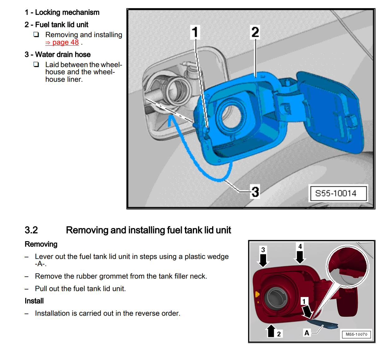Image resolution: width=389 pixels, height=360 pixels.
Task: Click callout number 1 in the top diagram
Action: click(195, 32)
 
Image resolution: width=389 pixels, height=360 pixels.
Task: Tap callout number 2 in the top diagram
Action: click(255, 32)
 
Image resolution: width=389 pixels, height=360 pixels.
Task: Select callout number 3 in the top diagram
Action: click(255, 192)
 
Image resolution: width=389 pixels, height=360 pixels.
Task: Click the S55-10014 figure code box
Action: click(336, 193)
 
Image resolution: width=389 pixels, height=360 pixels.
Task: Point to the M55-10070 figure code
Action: click(357, 334)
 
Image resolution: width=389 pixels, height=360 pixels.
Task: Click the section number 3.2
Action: click(31, 230)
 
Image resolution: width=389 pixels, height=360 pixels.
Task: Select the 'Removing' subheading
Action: click(41, 244)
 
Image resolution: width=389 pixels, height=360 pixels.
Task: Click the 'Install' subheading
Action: click(34, 301)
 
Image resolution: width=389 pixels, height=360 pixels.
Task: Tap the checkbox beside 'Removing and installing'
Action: click(36, 35)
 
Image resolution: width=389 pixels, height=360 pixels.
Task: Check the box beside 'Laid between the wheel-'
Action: click(36, 65)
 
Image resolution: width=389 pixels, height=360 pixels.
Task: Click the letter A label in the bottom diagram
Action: click(307, 333)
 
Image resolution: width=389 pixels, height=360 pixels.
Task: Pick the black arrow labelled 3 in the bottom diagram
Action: click(263, 260)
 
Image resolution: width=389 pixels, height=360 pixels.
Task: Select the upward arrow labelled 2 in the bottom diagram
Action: click(271, 331)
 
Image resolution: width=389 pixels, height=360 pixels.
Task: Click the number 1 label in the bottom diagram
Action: click(304, 301)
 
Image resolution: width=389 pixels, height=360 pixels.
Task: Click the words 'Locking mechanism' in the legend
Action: click(67, 12)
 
